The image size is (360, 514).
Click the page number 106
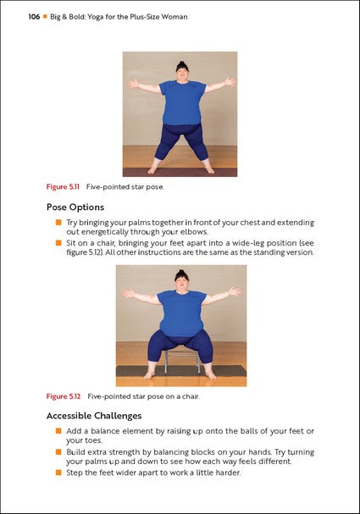pyautogui.click(x=34, y=16)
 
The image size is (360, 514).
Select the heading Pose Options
pyautogui.click(x=75, y=207)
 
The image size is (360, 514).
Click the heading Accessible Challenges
pyautogui.click(x=94, y=416)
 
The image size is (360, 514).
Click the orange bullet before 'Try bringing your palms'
pyautogui.click(x=59, y=222)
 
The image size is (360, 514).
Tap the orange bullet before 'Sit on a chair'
pyautogui.click(x=59, y=242)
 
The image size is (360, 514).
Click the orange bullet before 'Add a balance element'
pyautogui.click(x=59, y=431)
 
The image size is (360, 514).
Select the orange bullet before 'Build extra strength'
pyautogui.click(x=59, y=451)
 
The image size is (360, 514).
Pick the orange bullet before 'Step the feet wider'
pyautogui.click(x=59, y=472)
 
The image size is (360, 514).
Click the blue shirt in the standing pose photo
pyautogui.click(x=180, y=102)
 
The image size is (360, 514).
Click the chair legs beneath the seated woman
pyautogui.click(x=180, y=362)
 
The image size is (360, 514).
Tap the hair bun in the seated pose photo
pyautogui.click(x=180, y=273)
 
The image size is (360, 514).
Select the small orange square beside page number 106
pyautogui.click(x=47, y=16)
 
